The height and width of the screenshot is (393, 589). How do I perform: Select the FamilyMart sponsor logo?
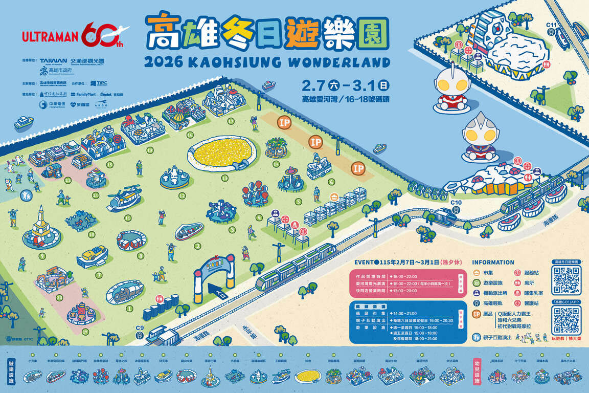[x=83, y=95]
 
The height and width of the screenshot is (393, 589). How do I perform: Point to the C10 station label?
[x=457, y=203]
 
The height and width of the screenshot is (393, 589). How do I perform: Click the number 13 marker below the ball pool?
[x=225, y=178]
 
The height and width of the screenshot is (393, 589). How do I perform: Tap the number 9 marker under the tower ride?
[x=42, y=255]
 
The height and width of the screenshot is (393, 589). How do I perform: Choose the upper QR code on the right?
[x=567, y=280]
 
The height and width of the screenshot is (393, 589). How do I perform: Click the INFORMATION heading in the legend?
[x=493, y=263]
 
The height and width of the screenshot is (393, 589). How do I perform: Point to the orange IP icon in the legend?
[x=477, y=314]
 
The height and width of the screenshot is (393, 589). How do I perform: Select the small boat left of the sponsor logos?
[x=24, y=123]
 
